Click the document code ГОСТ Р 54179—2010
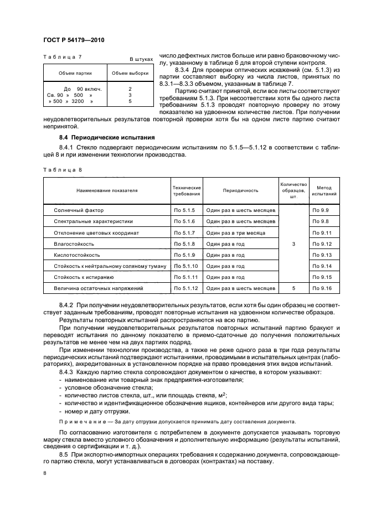(x=74, y=40)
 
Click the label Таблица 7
(x=62, y=57)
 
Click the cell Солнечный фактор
(x=79, y=210)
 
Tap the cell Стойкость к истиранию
(x=84, y=277)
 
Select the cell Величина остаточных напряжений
(x=99, y=288)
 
